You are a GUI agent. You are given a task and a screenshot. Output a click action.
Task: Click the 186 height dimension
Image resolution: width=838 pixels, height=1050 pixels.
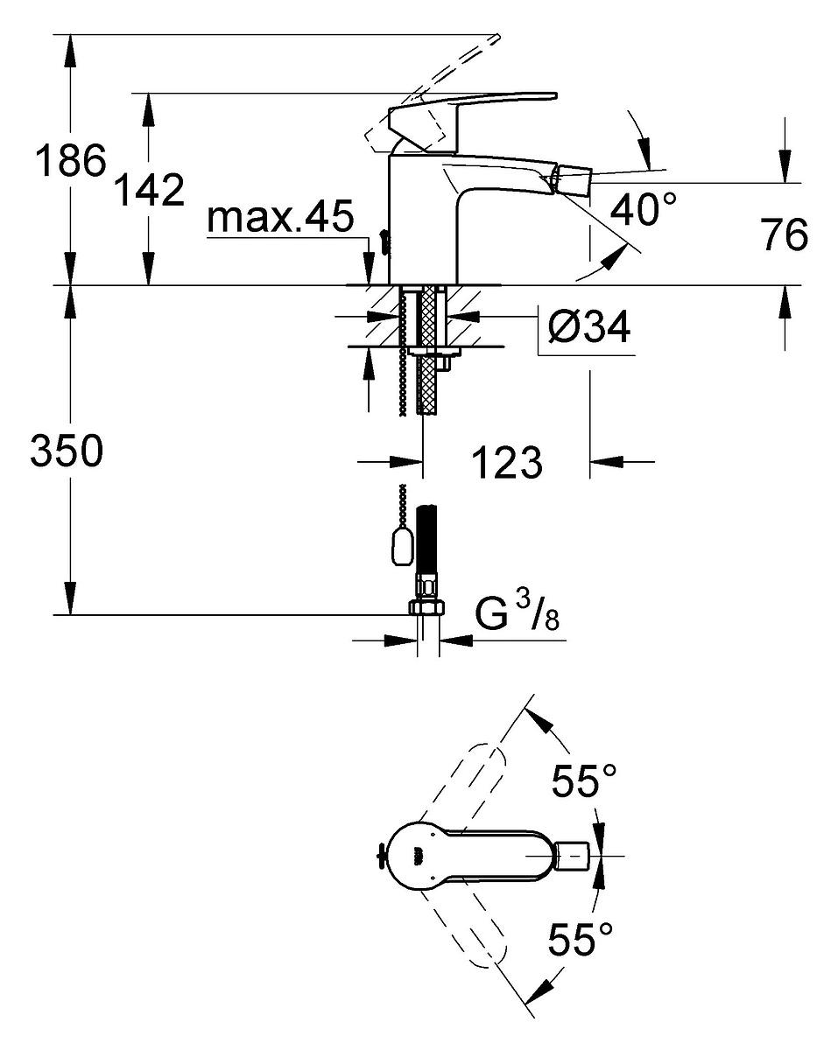[x=71, y=160]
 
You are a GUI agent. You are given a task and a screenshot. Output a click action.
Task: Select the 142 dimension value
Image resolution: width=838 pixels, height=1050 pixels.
[x=149, y=189]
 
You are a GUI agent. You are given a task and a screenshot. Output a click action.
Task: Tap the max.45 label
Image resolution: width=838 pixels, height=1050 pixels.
[x=280, y=216]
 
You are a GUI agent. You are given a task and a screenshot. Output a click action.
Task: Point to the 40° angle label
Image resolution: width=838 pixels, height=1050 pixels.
[x=643, y=208]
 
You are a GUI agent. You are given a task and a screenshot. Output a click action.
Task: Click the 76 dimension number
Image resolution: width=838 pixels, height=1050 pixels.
[x=784, y=234]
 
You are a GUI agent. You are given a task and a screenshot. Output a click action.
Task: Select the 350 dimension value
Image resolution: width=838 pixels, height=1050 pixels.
[x=67, y=451]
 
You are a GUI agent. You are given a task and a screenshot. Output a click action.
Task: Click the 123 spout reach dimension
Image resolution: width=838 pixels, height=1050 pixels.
[x=507, y=462]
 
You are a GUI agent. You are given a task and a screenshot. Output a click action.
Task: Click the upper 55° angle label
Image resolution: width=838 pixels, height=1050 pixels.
[x=584, y=780]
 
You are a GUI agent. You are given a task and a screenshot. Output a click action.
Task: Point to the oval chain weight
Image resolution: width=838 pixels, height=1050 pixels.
[x=403, y=548]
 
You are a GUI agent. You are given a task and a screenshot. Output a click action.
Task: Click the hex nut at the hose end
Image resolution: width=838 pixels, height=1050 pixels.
[x=426, y=608]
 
